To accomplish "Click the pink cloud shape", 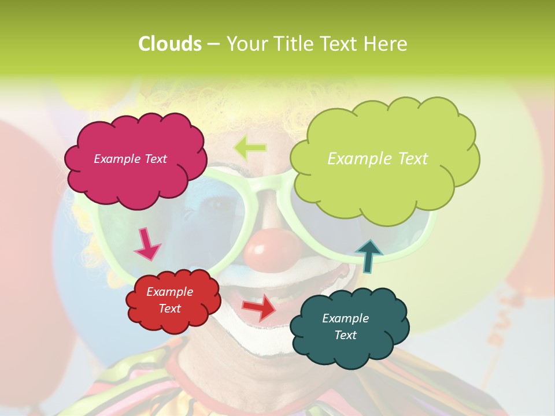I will (136, 179).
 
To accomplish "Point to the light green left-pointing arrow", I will (250, 148).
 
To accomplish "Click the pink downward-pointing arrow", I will (147, 243).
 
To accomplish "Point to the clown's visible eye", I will (217, 205).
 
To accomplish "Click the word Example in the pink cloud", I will (116, 159).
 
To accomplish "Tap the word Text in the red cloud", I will (170, 309).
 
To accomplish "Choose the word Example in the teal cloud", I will (345, 318).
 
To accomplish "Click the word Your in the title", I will (243, 44).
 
